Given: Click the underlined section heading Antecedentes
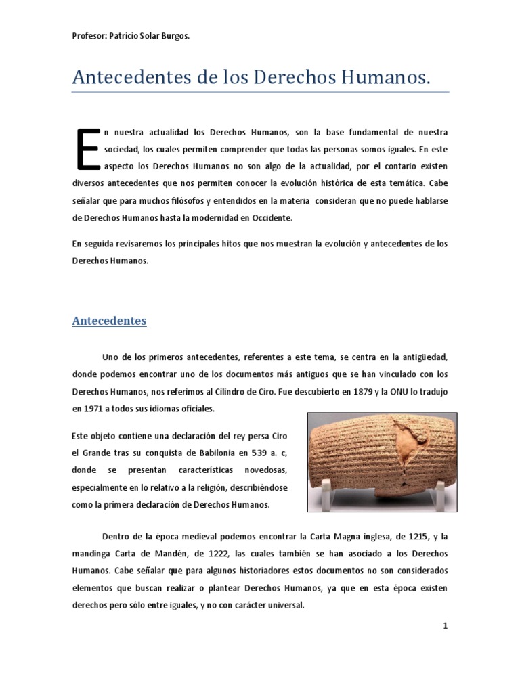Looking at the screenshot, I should click(x=109, y=321).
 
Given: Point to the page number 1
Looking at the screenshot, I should click(x=445, y=626).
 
